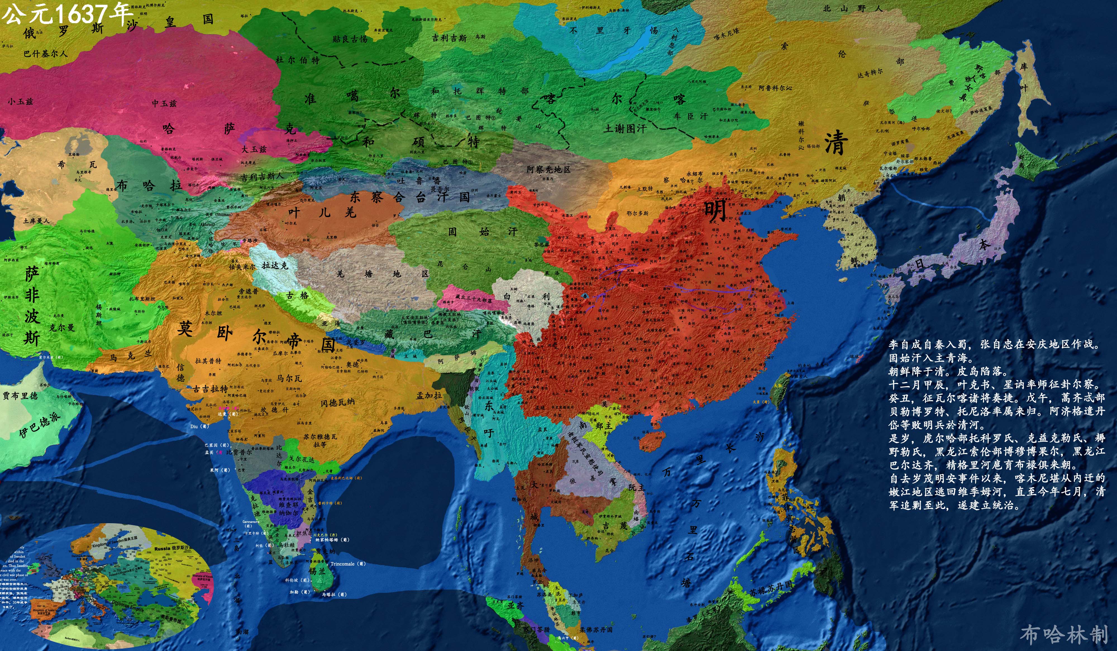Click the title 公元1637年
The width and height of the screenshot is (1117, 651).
[x=66, y=13]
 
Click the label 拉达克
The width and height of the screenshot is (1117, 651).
[x=275, y=266]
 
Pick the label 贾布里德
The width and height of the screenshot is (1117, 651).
[x=20, y=395]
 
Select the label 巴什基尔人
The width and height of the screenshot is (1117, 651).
[x=46, y=54]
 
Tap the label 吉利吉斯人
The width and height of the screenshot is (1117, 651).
[x=262, y=177]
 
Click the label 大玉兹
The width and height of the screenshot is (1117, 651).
[x=254, y=149]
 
